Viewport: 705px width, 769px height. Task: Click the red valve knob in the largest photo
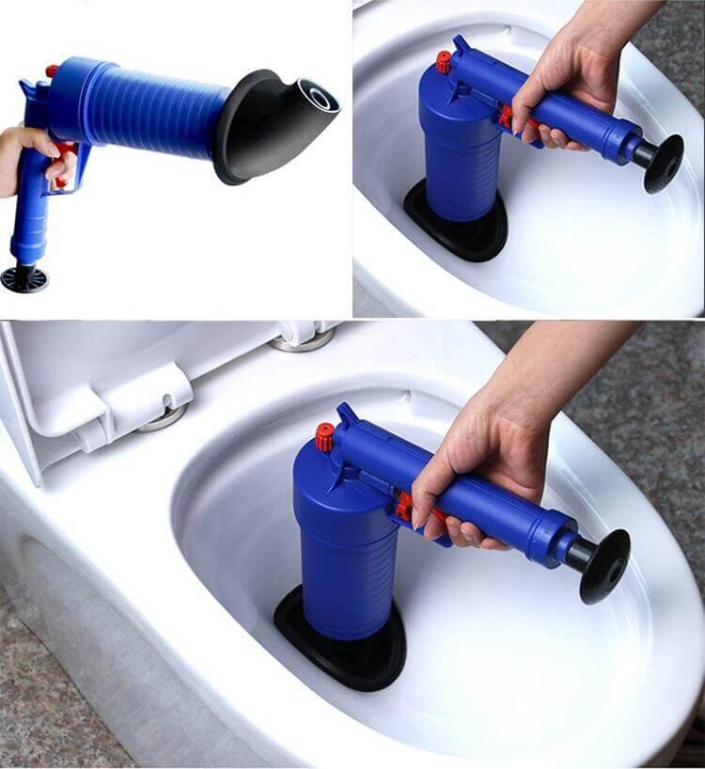point(325,436)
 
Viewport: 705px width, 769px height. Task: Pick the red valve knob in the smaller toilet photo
point(444,62)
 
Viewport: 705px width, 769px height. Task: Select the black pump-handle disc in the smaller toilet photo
point(664,162)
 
